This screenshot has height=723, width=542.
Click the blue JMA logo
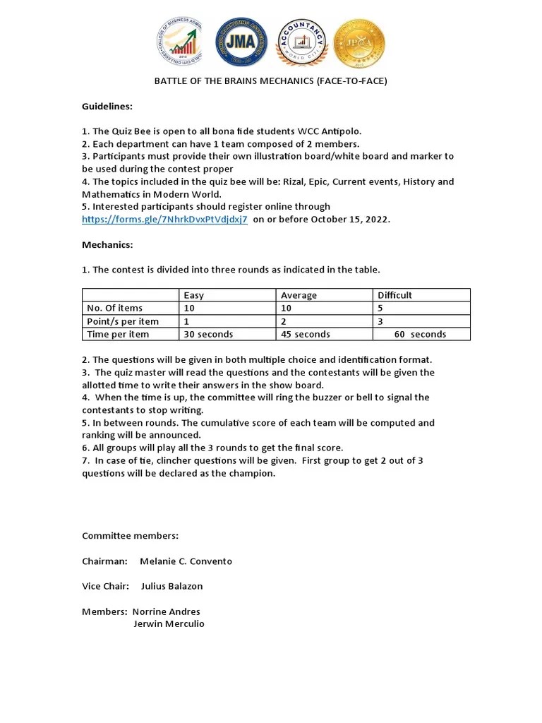pos(241,44)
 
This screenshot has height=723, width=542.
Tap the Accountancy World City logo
pos(301,44)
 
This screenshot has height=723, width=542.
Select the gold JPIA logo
pos(359,44)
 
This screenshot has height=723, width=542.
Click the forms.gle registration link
pos(164,220)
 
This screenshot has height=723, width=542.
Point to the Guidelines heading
pos(107,106)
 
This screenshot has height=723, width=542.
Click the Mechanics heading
pos(107,244)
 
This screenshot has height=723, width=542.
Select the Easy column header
pos(194,295)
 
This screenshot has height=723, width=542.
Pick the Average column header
pos(299,295)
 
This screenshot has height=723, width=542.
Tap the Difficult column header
pos(395,295)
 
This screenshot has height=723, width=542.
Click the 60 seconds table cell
pos(420,334)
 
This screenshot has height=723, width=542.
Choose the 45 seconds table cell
pos(305,334)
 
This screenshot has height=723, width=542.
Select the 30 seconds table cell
pos(208,334)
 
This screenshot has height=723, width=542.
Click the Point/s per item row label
pos(122,321)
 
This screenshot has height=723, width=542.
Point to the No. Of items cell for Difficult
pos(380,308)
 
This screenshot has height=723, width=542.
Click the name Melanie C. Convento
pos(186,561)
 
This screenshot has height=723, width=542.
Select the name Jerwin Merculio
pos(169,624)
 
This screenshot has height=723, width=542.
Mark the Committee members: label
pos(131,536)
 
